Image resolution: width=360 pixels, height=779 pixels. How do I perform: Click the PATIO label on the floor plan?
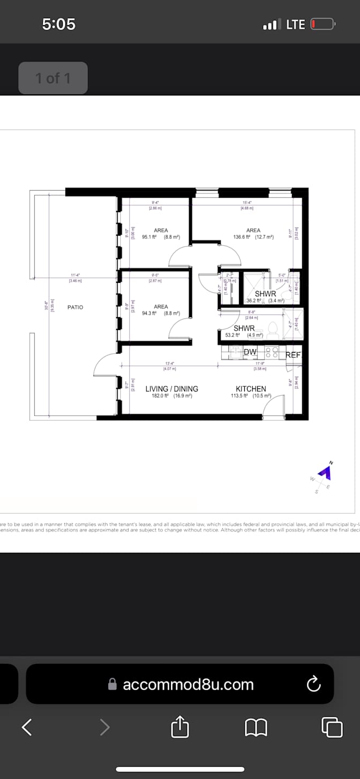coord(76,307)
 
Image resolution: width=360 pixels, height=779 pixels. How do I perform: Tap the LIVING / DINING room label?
coord(171,389)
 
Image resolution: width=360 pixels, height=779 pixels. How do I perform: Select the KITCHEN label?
coord(251,389)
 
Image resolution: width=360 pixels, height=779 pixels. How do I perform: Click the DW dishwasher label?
coord(250,352)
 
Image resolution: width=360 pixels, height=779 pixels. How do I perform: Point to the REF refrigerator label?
coord(294,355)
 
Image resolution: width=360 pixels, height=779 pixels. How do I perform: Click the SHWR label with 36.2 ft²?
coord(265,294)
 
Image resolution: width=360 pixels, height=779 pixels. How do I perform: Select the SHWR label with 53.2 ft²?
coord(244,328)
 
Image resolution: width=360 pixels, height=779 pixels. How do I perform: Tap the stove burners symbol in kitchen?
coord(272,352)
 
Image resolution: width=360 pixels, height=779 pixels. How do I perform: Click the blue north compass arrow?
coord(325,471)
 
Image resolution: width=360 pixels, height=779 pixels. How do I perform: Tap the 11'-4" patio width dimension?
coord(75,275)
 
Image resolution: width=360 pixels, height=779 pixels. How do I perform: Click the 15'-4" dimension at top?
coord(247,203)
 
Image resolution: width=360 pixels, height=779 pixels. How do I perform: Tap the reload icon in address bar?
coord(313,684)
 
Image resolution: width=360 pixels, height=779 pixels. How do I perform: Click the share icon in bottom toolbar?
coord(180,727)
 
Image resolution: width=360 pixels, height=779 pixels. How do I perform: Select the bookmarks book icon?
coord(256,727)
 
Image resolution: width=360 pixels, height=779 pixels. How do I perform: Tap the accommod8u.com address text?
coord(188,684)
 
